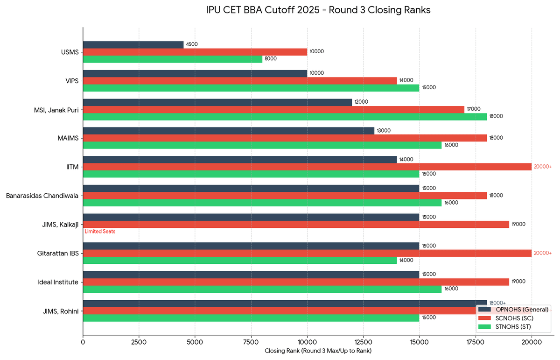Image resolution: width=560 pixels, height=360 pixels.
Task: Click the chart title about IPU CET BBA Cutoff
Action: coord(318,10)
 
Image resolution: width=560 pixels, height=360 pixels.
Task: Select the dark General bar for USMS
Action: coord(133,44)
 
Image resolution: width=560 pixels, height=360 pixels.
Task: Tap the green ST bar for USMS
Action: coord(173,59)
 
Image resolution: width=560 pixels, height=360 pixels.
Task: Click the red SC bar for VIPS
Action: coord(240,80)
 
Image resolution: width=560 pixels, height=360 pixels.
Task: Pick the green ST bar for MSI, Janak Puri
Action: coord(285,116)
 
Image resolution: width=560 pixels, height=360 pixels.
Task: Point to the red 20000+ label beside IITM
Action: coord(543,167)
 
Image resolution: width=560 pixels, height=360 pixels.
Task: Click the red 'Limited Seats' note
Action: coord(100,232)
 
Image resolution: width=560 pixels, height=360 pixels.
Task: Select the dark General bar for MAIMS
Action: coord(229,131)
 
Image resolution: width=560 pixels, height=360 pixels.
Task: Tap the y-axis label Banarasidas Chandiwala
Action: coord(42,196)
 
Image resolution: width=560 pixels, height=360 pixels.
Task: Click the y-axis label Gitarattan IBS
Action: coord(58,253)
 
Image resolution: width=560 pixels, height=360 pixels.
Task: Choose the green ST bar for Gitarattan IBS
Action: coord(240,260)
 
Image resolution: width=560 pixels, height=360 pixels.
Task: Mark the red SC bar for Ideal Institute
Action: coord(296,282)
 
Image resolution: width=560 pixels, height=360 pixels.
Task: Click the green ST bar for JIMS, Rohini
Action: coord(251,318)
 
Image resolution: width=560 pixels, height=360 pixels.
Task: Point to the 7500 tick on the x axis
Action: coord(251,341)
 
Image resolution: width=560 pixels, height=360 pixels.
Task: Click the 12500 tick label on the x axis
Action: coord(363,341)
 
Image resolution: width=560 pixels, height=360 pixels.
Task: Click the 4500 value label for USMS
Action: coord(192,44)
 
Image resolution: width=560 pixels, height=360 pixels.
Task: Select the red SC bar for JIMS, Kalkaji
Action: coord(296,224)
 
